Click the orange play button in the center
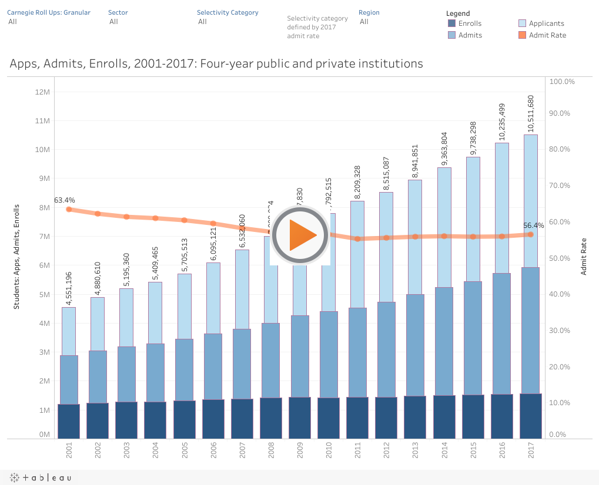300,235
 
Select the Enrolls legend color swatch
451,23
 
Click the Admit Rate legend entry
547,35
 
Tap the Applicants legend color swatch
522,23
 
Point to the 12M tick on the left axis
42,92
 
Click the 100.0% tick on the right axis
561,81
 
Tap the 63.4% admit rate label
65,200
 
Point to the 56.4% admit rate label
533,225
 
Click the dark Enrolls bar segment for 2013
415,417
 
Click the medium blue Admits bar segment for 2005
184,370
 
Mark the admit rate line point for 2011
357,238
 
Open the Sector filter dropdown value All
113,22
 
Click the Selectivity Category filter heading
227,12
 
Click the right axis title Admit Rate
584,256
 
